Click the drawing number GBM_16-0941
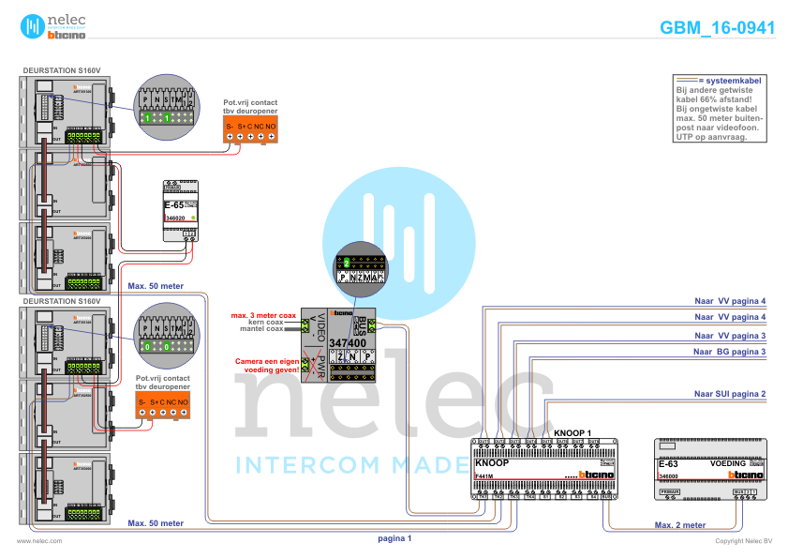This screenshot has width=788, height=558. pos(717,28)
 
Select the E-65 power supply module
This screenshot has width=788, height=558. pos(181,210)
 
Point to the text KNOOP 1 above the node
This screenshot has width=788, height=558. pos(572,433)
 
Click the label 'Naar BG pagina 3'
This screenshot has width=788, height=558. pos(729,352)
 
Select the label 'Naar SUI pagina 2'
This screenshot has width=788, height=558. pos(729,394)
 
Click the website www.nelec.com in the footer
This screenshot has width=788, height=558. pos(39,541)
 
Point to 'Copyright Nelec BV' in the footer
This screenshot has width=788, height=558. pos(743,541)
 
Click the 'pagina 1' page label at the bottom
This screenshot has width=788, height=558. pos(394,538)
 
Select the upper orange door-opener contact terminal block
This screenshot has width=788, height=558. pos(250,130)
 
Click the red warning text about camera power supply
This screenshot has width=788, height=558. pos(267,365)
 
